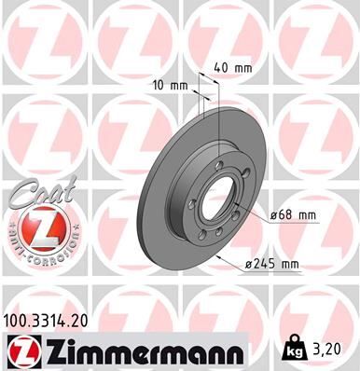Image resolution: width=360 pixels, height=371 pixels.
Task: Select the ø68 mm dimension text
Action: coord(294,216)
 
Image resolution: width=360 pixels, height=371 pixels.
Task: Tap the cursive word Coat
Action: coord(33,193)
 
